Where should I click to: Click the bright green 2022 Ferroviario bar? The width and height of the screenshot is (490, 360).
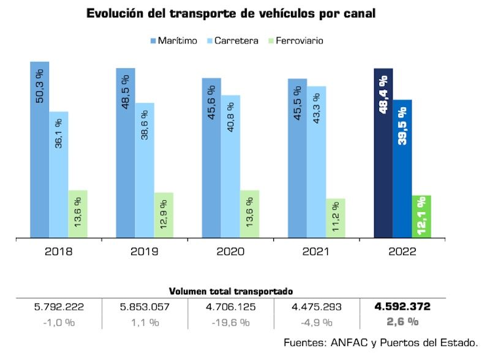click(x=421, y=216)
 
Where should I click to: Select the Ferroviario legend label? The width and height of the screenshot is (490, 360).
click(x=300, y=41)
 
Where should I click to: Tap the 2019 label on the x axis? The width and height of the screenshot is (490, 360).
click(x=145, y=252)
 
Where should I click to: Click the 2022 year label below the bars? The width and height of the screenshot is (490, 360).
click(x=402, y=252)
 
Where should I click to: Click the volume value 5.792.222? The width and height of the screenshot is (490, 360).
click(x=59, y=307)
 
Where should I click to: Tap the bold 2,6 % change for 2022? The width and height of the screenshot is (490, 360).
click(x=402, y=321)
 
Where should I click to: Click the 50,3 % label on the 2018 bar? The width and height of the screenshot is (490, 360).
click(x=40, y=88)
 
